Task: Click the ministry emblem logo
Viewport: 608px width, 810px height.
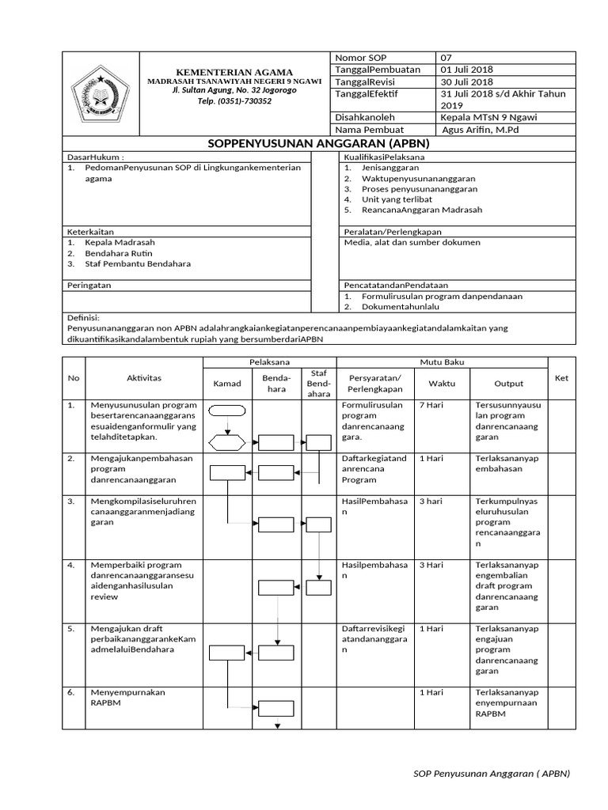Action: point(101,93)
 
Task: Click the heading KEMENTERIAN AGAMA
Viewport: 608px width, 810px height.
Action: point(234,72)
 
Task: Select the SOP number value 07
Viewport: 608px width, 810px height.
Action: point(446,58)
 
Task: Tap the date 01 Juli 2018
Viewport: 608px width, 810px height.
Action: point(467,70)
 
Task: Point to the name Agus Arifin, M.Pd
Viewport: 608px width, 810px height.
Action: point(481,129)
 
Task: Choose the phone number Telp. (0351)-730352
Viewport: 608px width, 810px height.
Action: point(234,101)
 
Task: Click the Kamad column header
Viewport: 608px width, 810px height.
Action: point(227,384)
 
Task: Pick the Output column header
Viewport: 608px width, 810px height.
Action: point(509,384)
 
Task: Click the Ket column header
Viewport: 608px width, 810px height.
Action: point(561,378)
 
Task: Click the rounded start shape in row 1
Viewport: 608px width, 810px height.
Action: point(228,411)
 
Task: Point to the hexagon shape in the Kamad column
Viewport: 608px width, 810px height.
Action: point(228,442)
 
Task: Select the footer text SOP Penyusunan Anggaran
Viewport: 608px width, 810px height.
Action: point(492,774)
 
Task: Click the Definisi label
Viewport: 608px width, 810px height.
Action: point(83,316)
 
